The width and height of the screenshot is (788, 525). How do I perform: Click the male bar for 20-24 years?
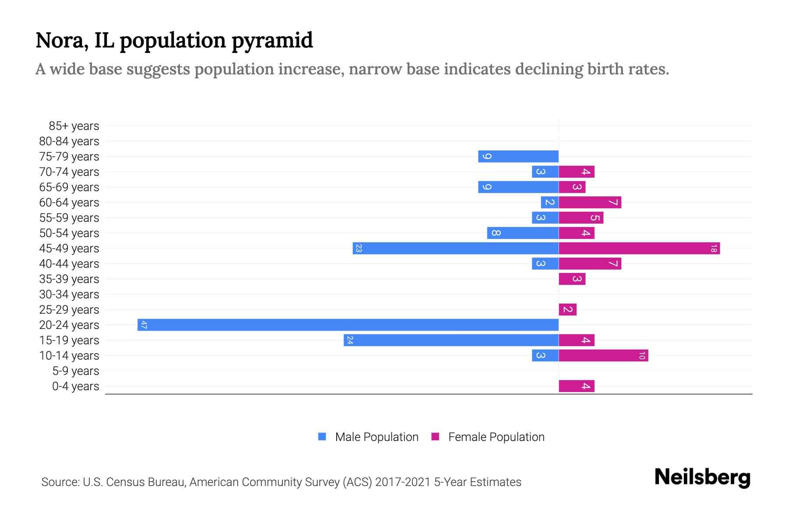pos(348,325)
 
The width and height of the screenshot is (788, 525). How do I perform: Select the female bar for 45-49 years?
pos(639,248)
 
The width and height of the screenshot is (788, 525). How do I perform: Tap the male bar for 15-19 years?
pos(451,340)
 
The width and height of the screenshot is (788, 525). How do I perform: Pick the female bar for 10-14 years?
pos(603,356)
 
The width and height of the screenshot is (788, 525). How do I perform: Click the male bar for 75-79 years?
pos(518,157)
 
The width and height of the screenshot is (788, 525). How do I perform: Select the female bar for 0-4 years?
pos(577,386)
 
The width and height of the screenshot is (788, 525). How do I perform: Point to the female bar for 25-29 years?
pos(567,310)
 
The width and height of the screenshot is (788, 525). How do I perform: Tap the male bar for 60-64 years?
pos(550,203)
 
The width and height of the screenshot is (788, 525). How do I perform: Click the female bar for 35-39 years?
pos(572,279)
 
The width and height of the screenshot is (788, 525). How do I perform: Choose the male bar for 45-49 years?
pos(455,248)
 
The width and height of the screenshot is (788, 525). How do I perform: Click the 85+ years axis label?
pos(74,126)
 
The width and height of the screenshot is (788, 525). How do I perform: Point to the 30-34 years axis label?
pos(69,294)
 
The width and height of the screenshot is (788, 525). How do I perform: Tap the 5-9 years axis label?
pos(76,371)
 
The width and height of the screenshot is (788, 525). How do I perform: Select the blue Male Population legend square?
pos(322,437)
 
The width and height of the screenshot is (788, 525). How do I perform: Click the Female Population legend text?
pos(496,437)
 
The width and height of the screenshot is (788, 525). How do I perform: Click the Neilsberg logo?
pos(702,477)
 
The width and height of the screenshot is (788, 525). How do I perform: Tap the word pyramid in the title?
pos(272,41)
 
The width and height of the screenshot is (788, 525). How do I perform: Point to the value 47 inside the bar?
pos(144,325)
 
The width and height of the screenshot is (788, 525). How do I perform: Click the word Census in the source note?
pos(125,482)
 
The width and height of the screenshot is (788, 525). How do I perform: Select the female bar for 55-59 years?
pos(581,218)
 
